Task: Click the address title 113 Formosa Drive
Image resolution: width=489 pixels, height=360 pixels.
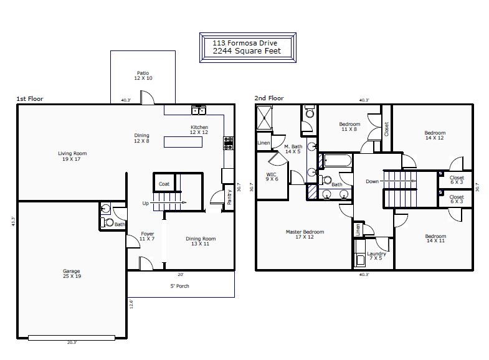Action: coord(245,43)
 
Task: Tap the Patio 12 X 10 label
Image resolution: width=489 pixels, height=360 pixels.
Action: coord(143,75)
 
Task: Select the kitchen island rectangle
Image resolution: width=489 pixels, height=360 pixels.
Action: coord(183,142)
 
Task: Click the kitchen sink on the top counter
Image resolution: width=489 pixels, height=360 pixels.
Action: coord(199,110)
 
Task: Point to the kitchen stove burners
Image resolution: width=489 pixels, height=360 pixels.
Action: coord(228,143)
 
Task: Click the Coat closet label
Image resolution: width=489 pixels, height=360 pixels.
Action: coord(164,184)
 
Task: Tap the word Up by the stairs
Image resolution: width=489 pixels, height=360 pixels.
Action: coord(146,203)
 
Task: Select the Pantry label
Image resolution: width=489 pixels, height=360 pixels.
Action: coord(229,197)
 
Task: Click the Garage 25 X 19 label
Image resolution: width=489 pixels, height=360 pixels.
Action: coord(72,273)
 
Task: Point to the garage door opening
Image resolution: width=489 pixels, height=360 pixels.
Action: coord(72,338)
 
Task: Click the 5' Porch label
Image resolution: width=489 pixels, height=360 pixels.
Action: coord(179,286)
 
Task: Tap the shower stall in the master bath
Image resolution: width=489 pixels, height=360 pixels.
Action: coord(265,118)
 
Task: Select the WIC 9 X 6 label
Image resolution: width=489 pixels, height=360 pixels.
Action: coord(272,177)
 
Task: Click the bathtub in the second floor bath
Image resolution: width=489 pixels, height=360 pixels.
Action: coord(338,161)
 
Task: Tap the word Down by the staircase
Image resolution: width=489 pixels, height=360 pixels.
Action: coord(372,181)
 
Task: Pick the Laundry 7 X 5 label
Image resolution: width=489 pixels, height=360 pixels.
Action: coord(376,256)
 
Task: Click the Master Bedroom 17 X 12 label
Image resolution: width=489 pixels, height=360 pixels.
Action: coord(305,234)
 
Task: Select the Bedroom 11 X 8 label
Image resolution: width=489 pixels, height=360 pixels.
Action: coord(349,126)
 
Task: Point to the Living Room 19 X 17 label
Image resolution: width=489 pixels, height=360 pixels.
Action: coord(72,156)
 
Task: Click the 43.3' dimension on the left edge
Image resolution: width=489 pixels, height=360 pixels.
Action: coord(13,221)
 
